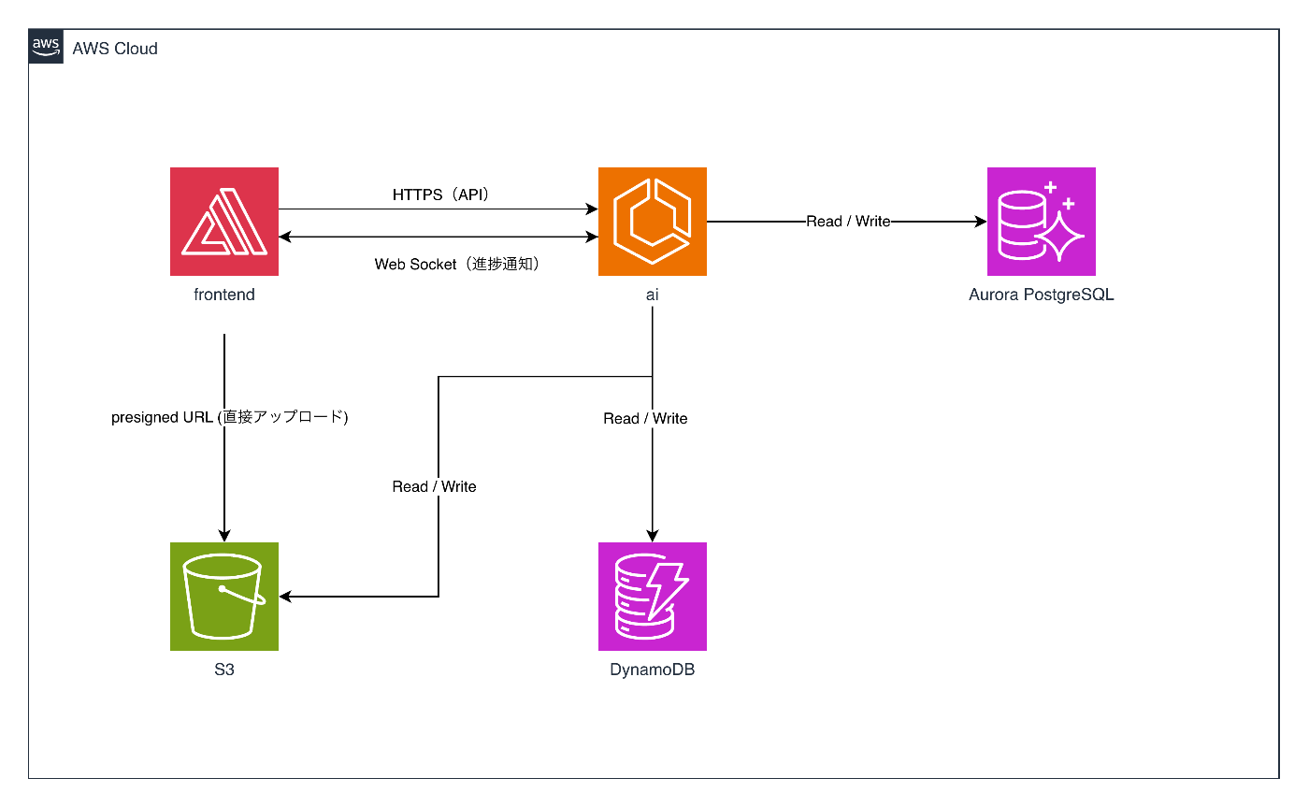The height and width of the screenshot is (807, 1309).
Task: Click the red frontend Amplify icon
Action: pyautogui.click(x=224, y=222)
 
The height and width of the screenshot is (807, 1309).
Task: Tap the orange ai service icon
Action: pyautogui.click(x=653, y=222)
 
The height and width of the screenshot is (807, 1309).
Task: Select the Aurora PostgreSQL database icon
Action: pyautogui.click(x=1041, y=222)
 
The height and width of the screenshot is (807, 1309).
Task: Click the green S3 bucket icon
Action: pyautogui.click(x=224, y=597)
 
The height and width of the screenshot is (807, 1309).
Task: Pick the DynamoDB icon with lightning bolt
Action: pyautogui.click(x=653, y=597)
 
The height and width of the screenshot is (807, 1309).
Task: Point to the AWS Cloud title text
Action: pyautogui.click(x=115, y=49)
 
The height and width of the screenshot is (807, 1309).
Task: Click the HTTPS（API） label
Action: pyautogui.click(x=441, y=195)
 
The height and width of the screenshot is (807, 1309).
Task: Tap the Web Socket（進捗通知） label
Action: pyautogui.click(x=458, y=265)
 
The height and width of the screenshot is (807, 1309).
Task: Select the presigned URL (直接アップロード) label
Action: pyautogui.click(x=230, y=418)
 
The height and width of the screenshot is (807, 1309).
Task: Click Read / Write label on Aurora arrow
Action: pyautogui.click(x=848, y=222)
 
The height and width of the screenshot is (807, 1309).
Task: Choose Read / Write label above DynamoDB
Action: pyautogui.click(x=645, y=419)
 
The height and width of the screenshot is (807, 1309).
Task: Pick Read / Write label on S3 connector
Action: pyautogui.click(x=434, y=487)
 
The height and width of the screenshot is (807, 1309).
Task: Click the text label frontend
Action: pyautogui.click(x=224, y=295)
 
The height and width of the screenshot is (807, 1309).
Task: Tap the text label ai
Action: pyautogui.click(x=653, y=295)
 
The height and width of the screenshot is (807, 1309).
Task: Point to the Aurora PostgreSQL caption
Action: pyautogui.click(x=1041, y=295)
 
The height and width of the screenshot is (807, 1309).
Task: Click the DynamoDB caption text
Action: pyautogui.click(x=653, y=670)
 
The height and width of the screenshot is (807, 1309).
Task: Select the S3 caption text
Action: pyautogui.click(x=224, y=670)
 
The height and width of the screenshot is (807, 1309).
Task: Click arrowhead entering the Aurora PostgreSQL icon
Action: pyautogui.click(x=982, y=222)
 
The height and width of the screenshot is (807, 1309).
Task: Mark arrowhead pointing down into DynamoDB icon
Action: pyautogui.click(x=653, y=536)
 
